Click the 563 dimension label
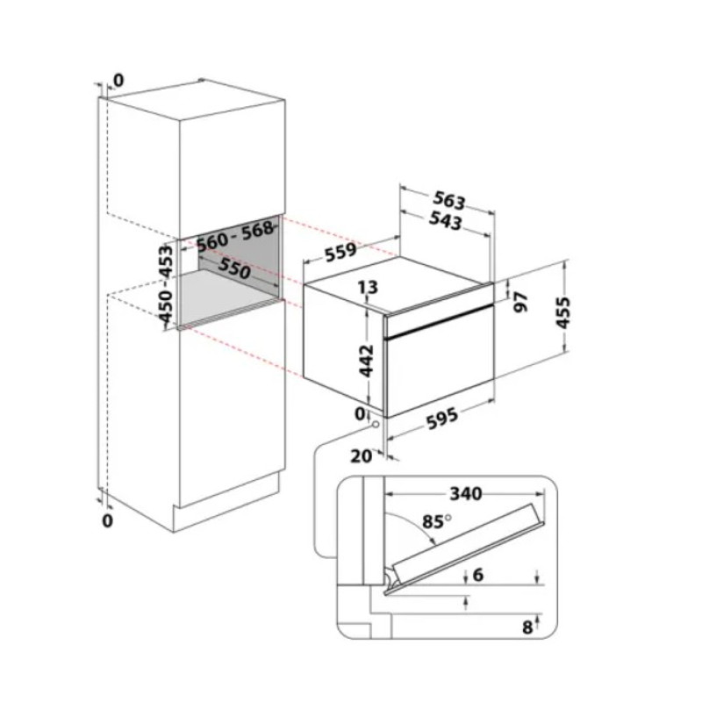pos(449,201)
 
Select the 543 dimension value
pos(445,220)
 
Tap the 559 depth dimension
pos(340,252)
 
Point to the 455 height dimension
pos(562,312)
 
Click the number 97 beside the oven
pos(520,301)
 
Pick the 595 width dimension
pos(442,419)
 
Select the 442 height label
pos(367,361)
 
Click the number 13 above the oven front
pos(368,287)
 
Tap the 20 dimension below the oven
pos(362,456)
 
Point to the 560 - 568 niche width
pos(235,235)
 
